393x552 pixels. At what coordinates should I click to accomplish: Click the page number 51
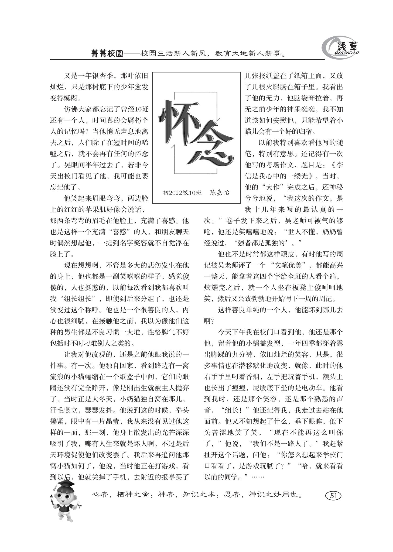click(333, 496)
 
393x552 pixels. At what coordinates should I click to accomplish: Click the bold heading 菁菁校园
click(107, 54)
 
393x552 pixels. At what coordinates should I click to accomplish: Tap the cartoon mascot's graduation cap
click(65, 484)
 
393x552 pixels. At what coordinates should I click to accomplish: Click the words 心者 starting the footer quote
click(101, 495)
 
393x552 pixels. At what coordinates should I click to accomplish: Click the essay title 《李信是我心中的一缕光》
click(294, 170)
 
